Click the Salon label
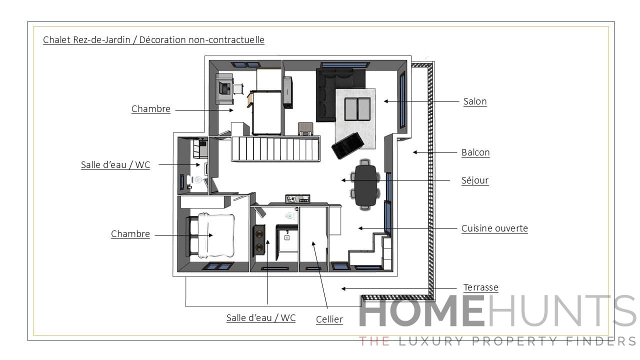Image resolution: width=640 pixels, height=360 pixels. (x=474, y=101)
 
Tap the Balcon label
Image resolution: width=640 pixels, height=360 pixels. (x=475, y=152)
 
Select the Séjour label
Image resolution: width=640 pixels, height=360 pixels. (x=474, y=180)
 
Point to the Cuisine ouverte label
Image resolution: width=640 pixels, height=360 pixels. (x=494, y=228)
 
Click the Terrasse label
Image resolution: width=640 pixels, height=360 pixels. (x=480, y=287)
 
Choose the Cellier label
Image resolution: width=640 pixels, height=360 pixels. (x=329, y=319)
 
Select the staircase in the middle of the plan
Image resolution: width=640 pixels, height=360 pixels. (x=275, y=148)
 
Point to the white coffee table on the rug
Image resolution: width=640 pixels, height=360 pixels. (x=357, y=108)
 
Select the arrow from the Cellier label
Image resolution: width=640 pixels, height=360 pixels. (x=320, y=275)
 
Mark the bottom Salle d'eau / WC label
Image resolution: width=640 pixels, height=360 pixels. (x=260, y=318)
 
